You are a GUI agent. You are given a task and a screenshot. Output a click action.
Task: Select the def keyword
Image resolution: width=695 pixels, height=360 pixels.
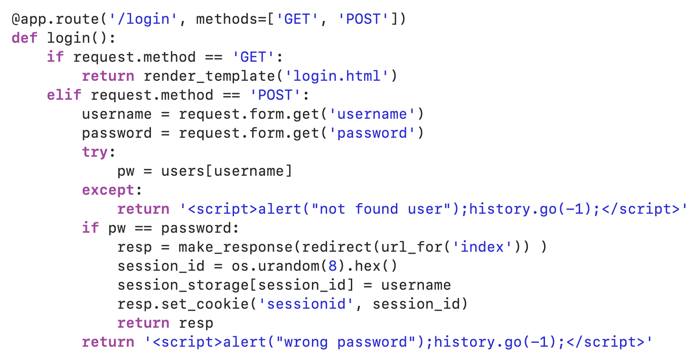pos(25,38)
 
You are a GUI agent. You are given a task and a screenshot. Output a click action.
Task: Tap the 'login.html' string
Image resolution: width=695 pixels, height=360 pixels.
pos(342,76)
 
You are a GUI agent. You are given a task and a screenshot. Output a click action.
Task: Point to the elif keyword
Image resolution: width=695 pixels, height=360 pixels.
pos(64,95)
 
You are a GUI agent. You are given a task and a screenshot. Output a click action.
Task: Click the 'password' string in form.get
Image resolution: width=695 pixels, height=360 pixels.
pos(372,133)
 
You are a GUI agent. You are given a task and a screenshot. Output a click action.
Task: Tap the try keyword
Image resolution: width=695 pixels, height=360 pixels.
pos(95,152)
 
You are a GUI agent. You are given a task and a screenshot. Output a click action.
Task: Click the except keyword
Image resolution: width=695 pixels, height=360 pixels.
pos(108,190)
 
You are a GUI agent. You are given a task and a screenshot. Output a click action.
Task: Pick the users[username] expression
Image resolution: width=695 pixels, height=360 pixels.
pos(226,171)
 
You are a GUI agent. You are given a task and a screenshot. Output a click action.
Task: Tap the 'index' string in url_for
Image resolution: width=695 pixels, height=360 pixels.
pos(482,247)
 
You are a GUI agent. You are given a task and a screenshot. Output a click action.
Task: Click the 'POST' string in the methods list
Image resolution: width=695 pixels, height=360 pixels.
pos(363,19)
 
